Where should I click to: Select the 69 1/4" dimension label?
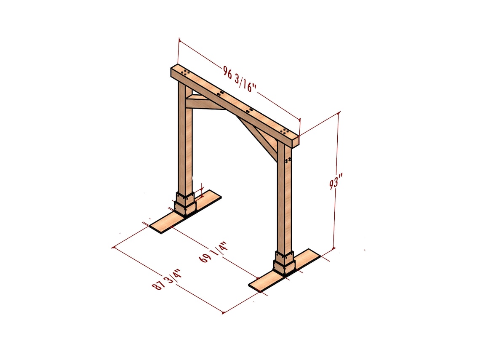click(213, 252)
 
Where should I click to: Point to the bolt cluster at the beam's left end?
click(185, 72)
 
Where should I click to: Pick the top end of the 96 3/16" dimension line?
click(179, 40)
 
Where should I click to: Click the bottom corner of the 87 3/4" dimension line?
click(223, 313)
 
